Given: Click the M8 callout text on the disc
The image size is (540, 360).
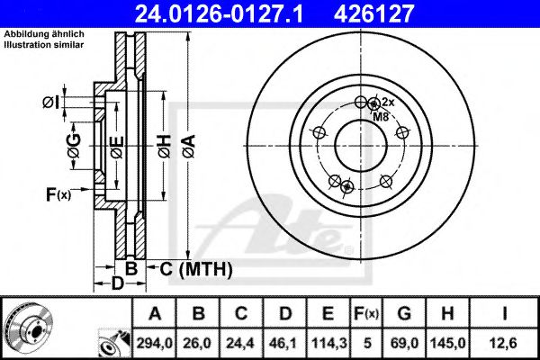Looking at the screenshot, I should (381, 115).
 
